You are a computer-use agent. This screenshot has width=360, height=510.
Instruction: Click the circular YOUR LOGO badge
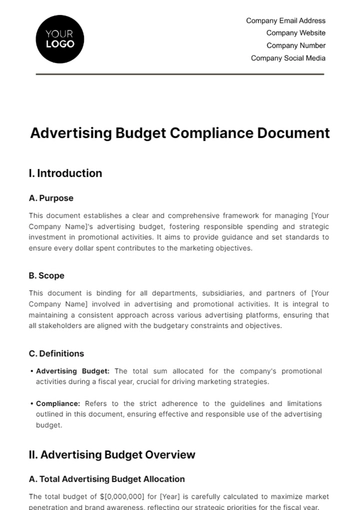pos(59,39)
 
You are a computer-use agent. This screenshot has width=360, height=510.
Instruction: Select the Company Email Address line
pos(285,20)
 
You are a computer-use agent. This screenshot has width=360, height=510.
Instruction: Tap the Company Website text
pos(296,33)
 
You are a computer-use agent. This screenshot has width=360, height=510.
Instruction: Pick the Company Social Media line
pos(288,58)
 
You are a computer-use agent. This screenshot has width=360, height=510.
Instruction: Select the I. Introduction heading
pos(66,173)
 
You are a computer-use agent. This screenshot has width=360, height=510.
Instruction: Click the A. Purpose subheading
pos(52,198)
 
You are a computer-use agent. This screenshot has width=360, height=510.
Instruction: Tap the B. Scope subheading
pos(47,275)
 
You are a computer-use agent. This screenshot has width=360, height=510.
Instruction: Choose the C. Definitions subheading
pos(56,353)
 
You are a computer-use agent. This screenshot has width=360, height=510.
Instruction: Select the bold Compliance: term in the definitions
pos(60,403)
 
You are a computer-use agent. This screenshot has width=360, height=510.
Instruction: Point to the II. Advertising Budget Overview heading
pos(112,455)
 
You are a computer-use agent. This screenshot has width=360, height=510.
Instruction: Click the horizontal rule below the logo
pos(180,74)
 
